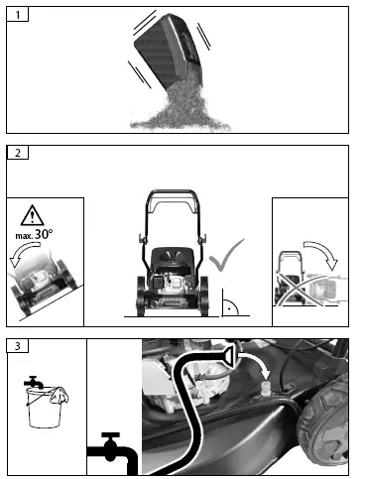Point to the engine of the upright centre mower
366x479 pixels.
175,273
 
